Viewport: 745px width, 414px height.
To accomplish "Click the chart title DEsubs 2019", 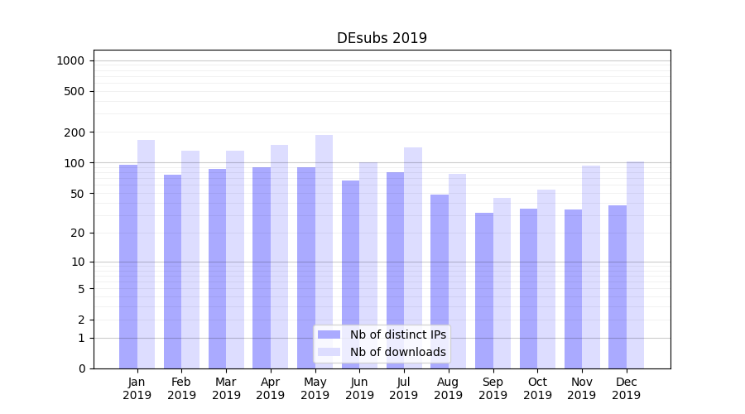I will pos(382,38).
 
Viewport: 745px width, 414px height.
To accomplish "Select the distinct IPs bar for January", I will pos(128,265).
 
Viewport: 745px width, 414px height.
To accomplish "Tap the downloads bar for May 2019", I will pos(324,248).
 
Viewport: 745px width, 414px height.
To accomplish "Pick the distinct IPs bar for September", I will pos(484,290).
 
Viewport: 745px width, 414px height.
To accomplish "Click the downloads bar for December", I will pos(636,265).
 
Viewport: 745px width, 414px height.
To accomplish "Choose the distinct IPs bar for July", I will pos(395,269).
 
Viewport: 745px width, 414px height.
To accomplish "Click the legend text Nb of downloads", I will pos(398,352).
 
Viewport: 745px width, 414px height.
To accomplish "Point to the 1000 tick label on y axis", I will pos(70,60).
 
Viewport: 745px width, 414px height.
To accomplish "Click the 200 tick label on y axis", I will pos(74,132).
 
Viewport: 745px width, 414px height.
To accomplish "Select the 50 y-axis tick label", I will pos(77,194).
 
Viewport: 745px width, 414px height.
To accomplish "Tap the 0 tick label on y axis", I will pos(81,368).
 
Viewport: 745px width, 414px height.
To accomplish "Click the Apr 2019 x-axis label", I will pos(271,388).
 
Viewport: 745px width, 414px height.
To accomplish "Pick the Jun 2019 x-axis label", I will pos(359,388).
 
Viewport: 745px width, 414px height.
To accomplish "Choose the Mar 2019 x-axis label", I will pos(226,388).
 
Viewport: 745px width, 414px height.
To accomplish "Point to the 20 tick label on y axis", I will pos(77,233).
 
